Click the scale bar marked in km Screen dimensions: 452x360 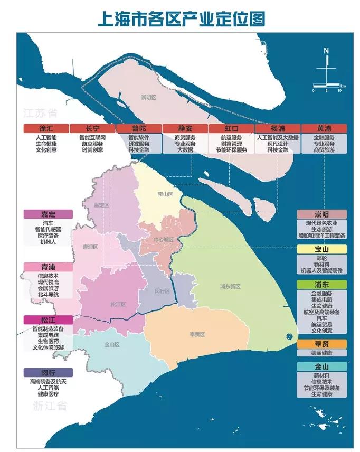[326, 86]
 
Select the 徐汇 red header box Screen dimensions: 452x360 [45, 128]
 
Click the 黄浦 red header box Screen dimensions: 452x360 [324, 128]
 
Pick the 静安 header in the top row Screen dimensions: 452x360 [185, 128]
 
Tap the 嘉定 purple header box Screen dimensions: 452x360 [48, 214]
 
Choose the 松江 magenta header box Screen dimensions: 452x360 [48, 320]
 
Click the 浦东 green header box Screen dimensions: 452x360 [321, 284]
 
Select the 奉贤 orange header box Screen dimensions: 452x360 [321, 344]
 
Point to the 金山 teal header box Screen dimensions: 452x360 [321, 366]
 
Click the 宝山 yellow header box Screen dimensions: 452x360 [321, 249]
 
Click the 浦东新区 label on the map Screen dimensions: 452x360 [230, 286]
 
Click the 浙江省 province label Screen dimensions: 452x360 [49, 406]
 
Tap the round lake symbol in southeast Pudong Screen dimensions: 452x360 [288, 337]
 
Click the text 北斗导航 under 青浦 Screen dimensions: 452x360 [48, 294]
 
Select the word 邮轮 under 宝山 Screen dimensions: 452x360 [321, 258]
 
